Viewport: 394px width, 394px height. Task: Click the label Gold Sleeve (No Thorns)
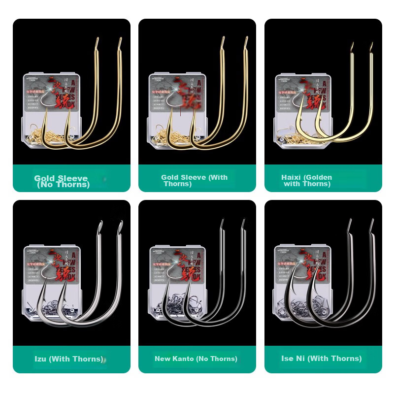62,181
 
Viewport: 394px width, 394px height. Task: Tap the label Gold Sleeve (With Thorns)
194,180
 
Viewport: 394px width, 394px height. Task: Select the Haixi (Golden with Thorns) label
307,180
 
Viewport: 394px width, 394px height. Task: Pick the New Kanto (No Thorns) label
196,359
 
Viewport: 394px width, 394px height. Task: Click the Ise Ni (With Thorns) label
321,359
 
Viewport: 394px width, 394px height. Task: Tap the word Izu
40,359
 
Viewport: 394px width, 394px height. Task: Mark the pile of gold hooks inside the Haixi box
291,134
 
